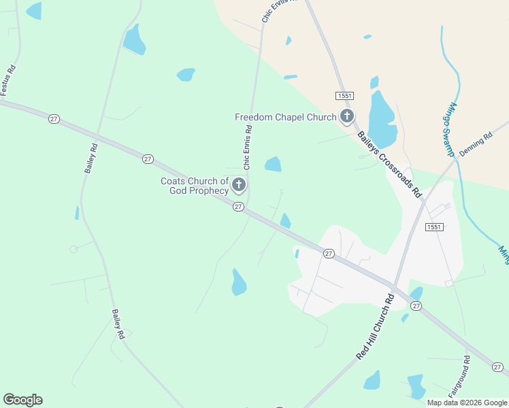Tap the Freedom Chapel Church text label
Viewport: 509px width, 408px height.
[286, 117]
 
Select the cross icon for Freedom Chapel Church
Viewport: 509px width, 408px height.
[347, 117]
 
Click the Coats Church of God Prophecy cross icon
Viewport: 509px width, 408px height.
[239, 185]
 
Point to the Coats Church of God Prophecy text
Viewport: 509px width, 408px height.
[195, 186]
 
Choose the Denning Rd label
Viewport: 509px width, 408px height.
[476, 145]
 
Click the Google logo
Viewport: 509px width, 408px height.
[22, 400]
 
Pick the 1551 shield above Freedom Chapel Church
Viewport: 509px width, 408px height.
[343, 96]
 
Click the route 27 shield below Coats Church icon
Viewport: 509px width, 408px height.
[238, 207]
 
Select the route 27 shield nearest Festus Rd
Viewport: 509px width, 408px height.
[54, 119]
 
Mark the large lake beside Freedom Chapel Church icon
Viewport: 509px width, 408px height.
[382, 119]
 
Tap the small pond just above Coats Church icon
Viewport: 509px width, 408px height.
[273, 164]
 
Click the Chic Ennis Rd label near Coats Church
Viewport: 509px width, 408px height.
[248, 147]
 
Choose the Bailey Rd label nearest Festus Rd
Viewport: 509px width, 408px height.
[91, 158]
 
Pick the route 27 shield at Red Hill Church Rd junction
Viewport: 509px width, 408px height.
[416, 307]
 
